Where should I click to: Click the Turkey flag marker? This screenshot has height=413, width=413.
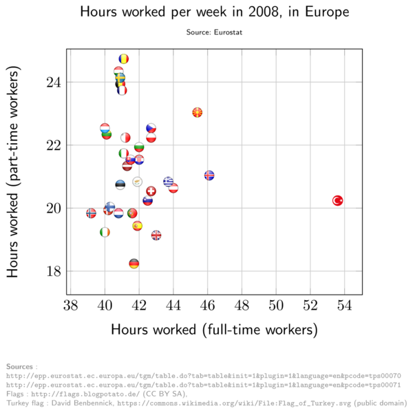[x=338, y=200]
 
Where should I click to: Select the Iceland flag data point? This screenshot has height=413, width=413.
[x=209, y=176]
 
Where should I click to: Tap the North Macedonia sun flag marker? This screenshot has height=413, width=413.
[x=198, y=112]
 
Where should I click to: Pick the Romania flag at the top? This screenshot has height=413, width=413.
[x=124, y=59]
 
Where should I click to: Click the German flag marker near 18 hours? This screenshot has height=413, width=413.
[x=134, y=264]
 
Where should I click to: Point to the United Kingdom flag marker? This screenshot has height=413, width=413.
[x=156, y=235]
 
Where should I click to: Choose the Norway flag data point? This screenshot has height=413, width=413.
[x=91, y=213]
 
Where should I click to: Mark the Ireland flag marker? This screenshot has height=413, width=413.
[x=105, y=233]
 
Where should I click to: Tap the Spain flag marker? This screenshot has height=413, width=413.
[x=137, y=226]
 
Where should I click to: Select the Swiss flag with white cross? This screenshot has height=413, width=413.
[x=151, y=191]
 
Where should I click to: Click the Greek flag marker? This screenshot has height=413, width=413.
[x=168, y=182]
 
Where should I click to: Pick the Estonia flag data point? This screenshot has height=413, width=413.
[x=120, y=184]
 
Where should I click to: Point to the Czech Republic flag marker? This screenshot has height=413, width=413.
[x=151, y=129]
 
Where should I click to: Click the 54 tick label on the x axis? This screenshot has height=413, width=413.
[x=346, y=306]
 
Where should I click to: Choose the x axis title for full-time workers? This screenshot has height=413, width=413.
[x=214, y=330]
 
